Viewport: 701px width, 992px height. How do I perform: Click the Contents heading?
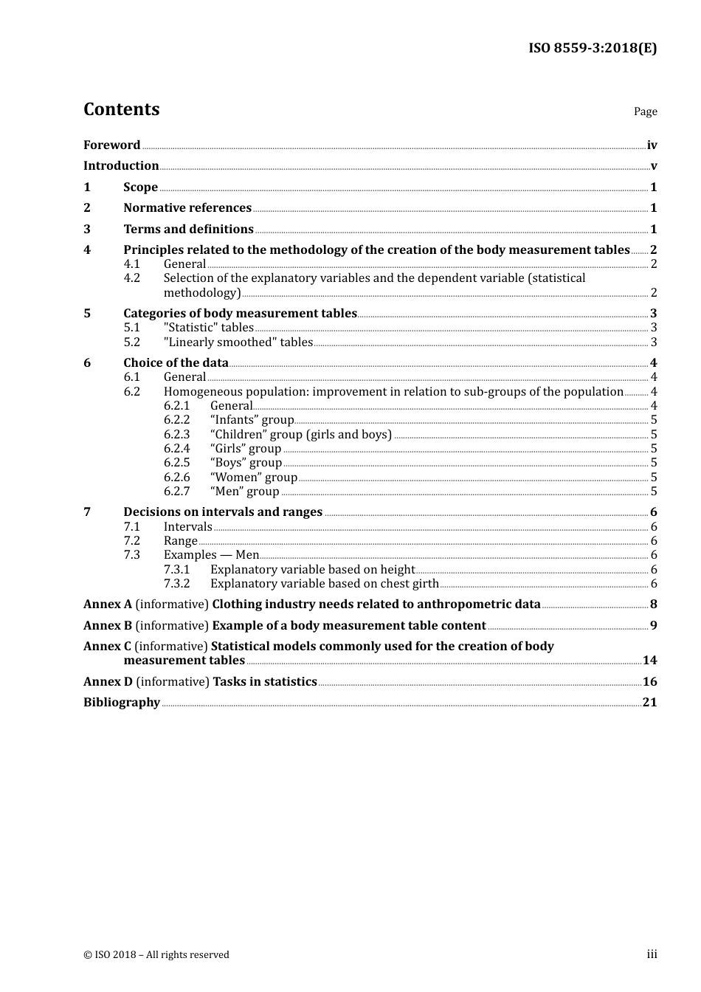tap(121, 109)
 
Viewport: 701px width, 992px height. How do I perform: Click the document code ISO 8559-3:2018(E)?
tap(593, 49)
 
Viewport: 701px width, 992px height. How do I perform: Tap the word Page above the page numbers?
tap(645, 111)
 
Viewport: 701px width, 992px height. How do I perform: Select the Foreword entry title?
tap(111, 145)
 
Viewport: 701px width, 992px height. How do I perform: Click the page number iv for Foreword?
tap(652, 145)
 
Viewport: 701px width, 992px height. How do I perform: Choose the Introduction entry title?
tap(121, 166)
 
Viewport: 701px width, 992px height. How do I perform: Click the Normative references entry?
tap(187, 208)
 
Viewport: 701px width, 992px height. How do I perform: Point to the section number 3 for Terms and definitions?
tap(87, 230)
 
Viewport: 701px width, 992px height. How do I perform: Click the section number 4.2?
tap(131, 278)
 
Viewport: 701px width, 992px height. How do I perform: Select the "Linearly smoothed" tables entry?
tap(238, 342)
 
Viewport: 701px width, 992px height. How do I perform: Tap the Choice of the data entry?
tap(176, 363)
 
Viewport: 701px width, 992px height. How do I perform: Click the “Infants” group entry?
tap(252, 420)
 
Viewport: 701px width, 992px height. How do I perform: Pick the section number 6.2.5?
tap(176, 463)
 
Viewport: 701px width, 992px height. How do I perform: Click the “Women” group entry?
tap(253, 478)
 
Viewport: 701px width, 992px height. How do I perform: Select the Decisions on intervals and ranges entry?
tap(223, 512)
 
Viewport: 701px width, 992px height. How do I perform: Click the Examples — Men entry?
tap(211, 555)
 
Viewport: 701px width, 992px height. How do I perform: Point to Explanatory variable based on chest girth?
tap(324, 584)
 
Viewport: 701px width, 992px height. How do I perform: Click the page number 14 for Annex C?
tap(649, 661)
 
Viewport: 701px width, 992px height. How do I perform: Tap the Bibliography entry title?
tap(122, 703)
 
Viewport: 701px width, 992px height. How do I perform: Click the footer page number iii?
tap(652, 954)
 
